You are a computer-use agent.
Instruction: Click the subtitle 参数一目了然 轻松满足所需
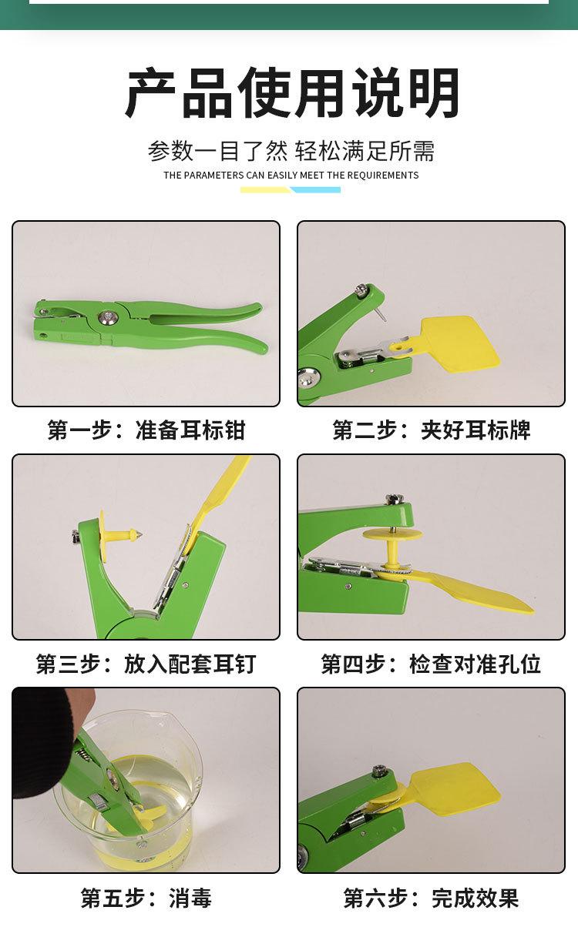pos(291,150)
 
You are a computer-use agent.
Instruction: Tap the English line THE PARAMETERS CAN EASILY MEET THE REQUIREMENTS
pos(291,176)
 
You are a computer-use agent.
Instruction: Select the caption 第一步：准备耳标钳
pos(146,430)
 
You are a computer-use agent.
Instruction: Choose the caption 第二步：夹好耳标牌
pos(431,430)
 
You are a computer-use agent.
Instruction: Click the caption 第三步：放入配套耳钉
pos(146,664)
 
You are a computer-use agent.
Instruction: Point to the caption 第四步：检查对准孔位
pos(431,664)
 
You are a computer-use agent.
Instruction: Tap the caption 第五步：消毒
pos(146,898)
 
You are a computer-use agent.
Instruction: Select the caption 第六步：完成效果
pos(431,898)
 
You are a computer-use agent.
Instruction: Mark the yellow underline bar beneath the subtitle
pos(265,189)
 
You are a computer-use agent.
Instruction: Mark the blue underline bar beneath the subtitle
pos(315,189)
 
